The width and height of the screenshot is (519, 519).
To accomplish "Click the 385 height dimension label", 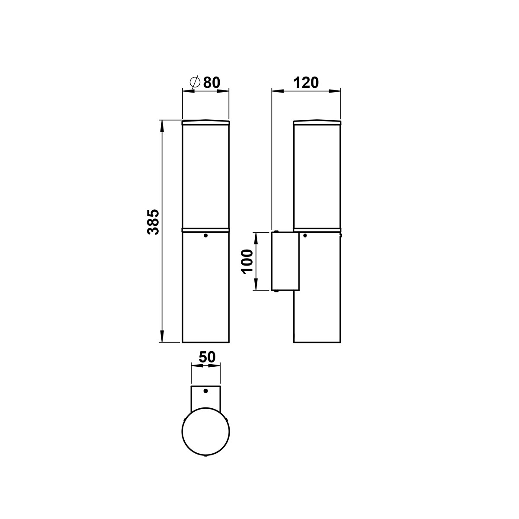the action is pyautogui.click(x=153, y=222).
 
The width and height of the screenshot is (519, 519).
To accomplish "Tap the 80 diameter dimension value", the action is pyautogui.click(x=211, y=83).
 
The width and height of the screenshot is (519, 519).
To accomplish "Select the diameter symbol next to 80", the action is pyautogui.click(x=195, y=82).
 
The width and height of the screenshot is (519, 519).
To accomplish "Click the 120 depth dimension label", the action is pyautogui.click(x=306, y=83).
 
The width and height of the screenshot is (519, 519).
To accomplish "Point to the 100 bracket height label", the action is pyautogui.click(x=247, y=262).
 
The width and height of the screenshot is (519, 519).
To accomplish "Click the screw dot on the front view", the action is pyautogui.click(x=206, y=235).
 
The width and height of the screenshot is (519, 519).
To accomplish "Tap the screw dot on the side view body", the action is pyautogui.click(x=305, y=235).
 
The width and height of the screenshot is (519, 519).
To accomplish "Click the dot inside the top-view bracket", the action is pyautogui.click(x=206, y=398).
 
